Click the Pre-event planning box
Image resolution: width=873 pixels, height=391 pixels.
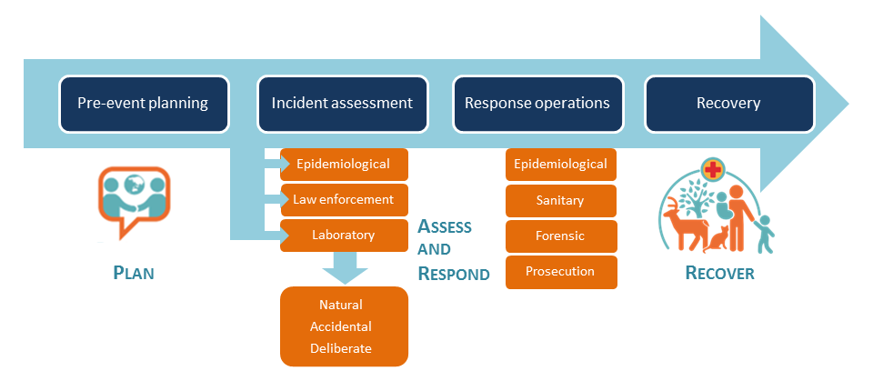[144, 105]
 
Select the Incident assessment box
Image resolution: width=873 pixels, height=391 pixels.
[343, 105]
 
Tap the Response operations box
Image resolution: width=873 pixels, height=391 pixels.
[537, 105]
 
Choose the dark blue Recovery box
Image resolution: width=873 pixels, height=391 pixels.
[729, 105]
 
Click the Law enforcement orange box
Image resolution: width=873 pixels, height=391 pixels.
[344, 199]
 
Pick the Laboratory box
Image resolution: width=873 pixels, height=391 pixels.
[344, 235]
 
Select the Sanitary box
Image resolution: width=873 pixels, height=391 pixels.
[561, 201]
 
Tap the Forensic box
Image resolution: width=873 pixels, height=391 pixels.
[561, 236]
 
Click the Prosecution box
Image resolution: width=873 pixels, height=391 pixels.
[561, 272]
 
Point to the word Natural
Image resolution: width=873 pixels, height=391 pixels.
[341, 305]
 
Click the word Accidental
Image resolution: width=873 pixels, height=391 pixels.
[341, 326]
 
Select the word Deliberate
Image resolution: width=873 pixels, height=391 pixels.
[341, 348]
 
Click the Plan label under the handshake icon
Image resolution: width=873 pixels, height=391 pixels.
[134, 273]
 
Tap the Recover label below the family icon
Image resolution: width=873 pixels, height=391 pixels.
[720, 273]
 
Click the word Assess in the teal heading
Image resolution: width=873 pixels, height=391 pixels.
[445, 226]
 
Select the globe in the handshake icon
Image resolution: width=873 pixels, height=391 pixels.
[134, 184]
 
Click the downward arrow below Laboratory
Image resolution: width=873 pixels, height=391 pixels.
[345, 268]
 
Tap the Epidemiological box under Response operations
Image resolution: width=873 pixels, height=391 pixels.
[561, 165]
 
